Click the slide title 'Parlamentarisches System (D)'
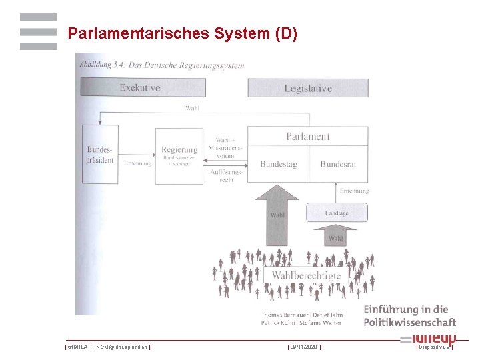tap(182, 33)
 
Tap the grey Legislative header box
tap(307, 88)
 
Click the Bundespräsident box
tap(100, 154)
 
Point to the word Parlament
tap(307, 136)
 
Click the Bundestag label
tap(278, 164)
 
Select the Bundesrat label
tap(338, 164)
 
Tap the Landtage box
tap(336, 213)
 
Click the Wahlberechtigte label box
tap(306, 275)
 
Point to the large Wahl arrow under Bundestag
tap(277, 215)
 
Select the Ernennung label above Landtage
tap(353, 191)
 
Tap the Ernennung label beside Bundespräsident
tap(138, 163)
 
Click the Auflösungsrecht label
tap(226, 176)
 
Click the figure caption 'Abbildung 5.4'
tap(162, 65)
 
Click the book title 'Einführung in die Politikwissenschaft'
tap(409, 315)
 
